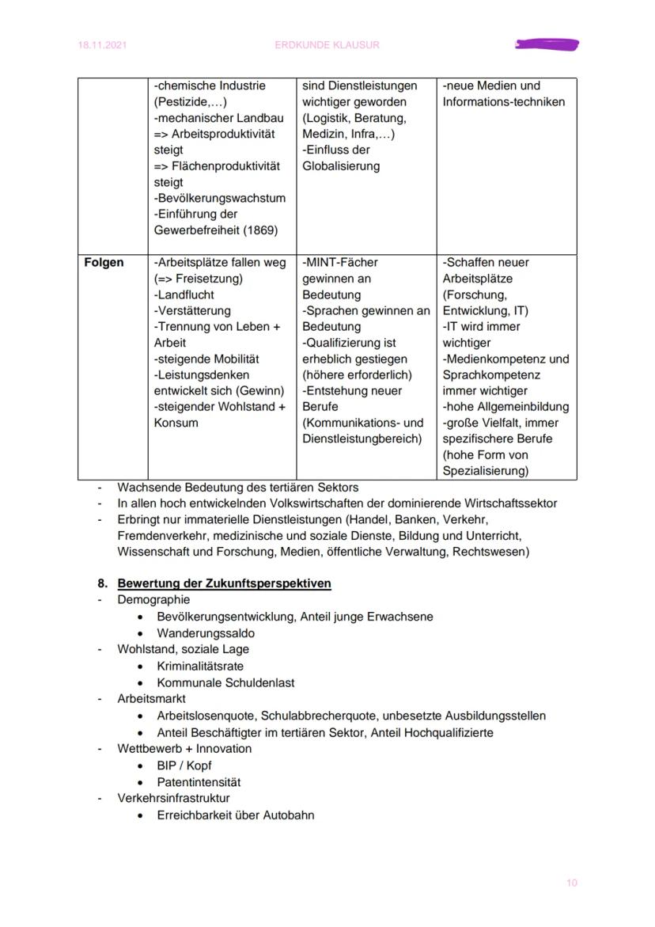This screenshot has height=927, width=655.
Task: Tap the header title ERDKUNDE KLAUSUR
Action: (327, 45)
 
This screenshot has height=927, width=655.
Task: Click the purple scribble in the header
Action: (547, 44)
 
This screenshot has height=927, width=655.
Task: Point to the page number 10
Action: (571, 883)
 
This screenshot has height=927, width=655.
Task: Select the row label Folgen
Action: (104, 263)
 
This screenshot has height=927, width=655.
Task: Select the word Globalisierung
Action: (341, 166)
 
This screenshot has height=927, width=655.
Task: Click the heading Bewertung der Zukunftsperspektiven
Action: (224, 583)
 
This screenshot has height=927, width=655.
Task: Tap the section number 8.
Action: (103, 583)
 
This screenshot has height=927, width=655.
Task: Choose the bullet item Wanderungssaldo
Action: (206, 633)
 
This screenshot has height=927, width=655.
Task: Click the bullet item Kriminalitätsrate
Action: (200, 667)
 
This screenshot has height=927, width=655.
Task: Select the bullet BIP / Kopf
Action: (184, 766)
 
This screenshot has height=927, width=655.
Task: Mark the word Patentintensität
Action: (199, 782)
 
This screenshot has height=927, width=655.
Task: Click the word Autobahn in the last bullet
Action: (290, 815)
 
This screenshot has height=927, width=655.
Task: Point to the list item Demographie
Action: (153, 600)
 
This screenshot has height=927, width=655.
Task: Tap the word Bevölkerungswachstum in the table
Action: (220, 198)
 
